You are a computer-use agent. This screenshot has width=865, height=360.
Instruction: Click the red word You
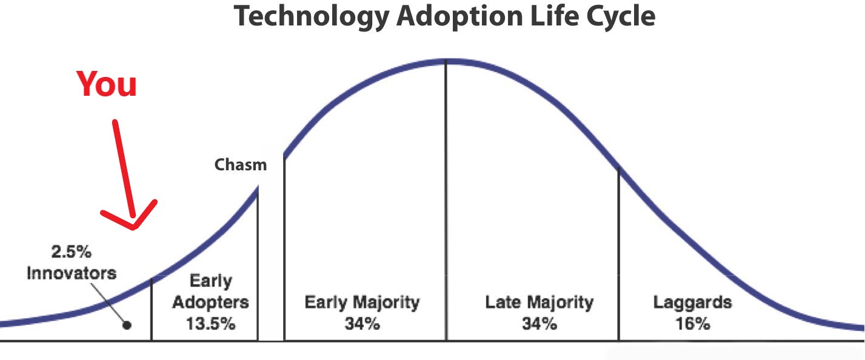coord(107,84)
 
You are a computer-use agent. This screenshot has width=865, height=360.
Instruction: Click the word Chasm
coord(241,164)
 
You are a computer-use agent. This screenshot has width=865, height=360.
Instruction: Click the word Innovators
coord(71,273)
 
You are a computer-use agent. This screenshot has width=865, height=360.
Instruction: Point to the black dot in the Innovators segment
coord(127,324)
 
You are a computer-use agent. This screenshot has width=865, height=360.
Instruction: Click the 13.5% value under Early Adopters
coord(210,323)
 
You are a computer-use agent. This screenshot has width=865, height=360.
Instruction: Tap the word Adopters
coord(210,302)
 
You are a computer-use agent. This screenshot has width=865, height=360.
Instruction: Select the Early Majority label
coord(362,302)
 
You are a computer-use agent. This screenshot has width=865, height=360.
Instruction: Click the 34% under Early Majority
coord(362,323)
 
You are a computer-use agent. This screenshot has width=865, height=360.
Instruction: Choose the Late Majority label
coord(539,302)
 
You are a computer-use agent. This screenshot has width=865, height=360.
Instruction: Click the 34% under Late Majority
coord(539,323)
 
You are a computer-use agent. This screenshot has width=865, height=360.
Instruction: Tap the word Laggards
coord(692,302)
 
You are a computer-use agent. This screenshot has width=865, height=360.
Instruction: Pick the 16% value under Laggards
coord(692,323)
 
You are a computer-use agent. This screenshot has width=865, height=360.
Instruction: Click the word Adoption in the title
coord(458,17)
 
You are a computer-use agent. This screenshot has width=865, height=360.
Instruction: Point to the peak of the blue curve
coord(446,60)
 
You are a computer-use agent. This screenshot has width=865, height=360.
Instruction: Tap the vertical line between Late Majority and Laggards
coord(619,255)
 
